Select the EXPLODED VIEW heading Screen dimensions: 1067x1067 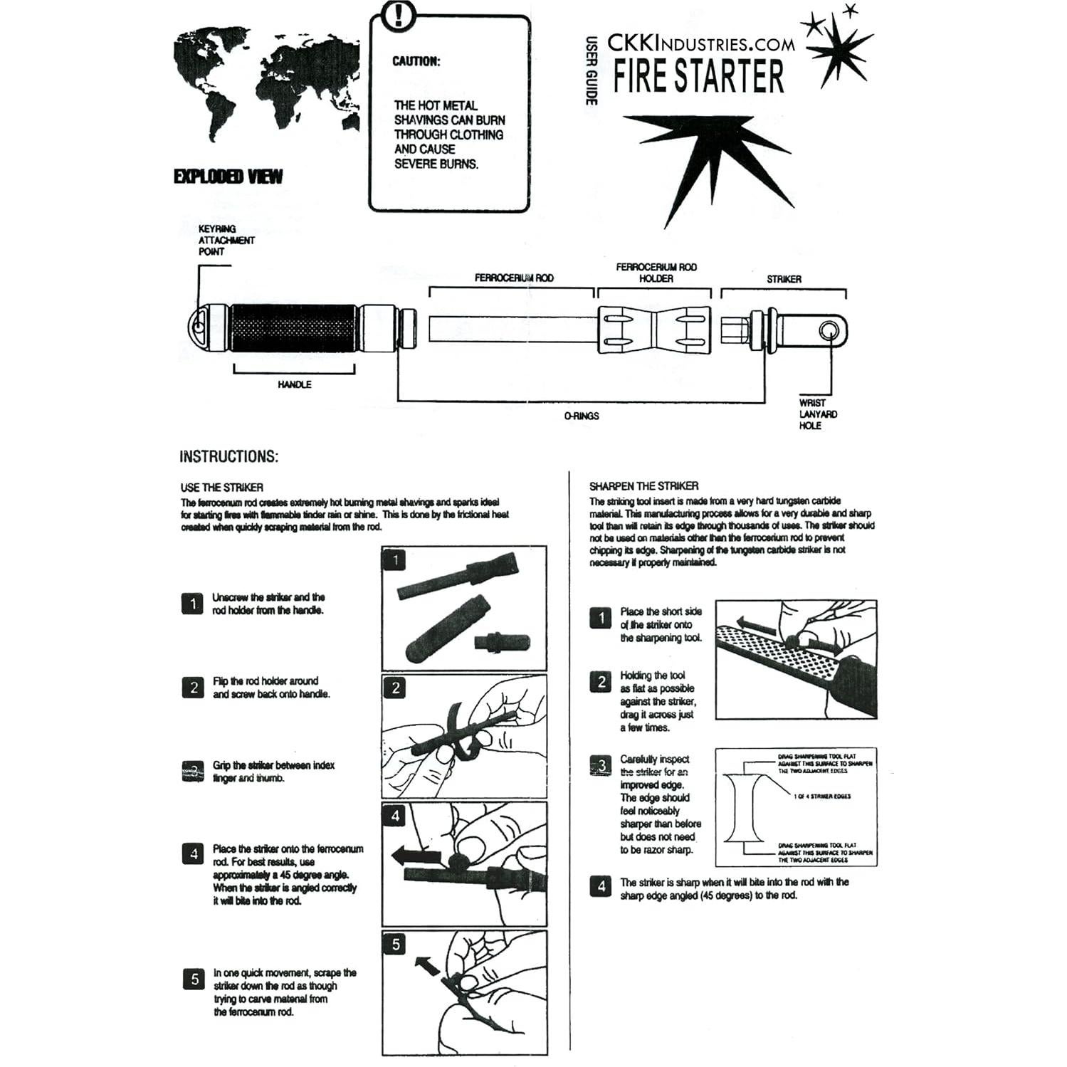tap(228, 177)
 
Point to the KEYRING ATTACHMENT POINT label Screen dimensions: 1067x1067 tap(226, 240)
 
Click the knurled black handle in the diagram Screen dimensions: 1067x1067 tap(294, 330)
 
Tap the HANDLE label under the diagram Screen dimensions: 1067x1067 tap(294, 384)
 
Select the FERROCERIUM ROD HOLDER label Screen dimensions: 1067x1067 tap(656, 273)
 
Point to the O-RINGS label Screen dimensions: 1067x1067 tap(582, 416)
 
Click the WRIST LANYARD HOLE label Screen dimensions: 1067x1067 tap(817, 414)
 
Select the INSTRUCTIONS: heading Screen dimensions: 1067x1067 tap(228, 456)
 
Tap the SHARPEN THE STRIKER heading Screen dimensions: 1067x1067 tap(643, 486)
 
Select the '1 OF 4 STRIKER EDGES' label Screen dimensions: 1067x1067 tap(821, 797)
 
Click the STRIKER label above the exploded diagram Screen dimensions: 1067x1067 tap(783, 279)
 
